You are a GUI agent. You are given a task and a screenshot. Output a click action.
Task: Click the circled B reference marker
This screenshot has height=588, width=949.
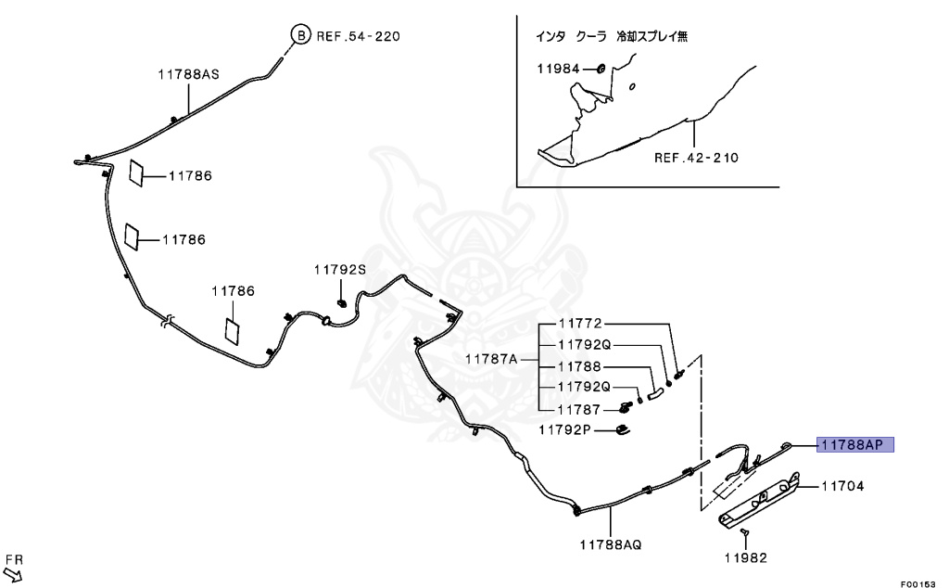(300, 36)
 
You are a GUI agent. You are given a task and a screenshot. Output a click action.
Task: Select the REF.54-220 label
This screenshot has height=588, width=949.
(359, 37)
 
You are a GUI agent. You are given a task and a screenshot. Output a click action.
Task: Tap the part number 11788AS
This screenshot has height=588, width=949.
(188, 75)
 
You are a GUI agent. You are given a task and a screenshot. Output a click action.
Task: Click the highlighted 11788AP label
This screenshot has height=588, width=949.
(854, 445)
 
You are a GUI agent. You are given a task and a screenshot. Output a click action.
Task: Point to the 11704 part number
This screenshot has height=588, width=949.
(842, 485)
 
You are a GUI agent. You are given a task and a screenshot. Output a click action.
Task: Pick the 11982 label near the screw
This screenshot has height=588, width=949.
(747, 557)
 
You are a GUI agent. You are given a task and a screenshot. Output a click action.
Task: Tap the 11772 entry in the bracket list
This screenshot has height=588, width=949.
(579, 324)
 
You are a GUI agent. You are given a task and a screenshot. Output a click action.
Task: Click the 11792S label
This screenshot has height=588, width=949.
(340, 269)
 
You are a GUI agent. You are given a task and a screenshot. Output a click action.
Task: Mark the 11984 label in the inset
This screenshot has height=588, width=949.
(559, 69)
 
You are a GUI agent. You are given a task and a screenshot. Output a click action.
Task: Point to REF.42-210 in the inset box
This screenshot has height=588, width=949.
(696, 158)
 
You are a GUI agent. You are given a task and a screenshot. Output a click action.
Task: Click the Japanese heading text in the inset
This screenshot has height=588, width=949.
(612, 37)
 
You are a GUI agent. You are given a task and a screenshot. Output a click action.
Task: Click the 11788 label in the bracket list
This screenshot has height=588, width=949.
(579, 366)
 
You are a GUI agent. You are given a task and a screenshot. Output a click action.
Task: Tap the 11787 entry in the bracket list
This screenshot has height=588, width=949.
(579, 409)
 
